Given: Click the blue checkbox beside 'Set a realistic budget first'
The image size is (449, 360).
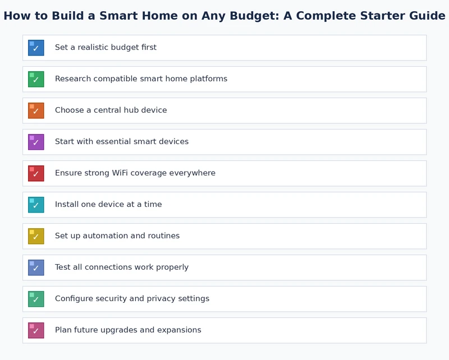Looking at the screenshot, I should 36,48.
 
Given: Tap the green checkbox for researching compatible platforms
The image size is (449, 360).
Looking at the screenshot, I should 36,79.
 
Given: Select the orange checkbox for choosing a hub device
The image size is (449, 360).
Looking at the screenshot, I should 36,110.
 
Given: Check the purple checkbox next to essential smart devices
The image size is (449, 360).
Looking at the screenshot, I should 36,142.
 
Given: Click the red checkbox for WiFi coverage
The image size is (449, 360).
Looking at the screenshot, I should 36,173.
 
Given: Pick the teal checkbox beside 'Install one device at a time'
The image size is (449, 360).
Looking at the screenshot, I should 36,205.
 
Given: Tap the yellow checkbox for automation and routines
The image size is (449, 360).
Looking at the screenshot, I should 36,236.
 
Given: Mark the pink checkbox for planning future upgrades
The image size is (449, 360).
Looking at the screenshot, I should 36,330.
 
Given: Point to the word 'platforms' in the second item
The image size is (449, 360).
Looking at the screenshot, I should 209,79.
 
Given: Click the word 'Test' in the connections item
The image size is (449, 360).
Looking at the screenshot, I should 63,267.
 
